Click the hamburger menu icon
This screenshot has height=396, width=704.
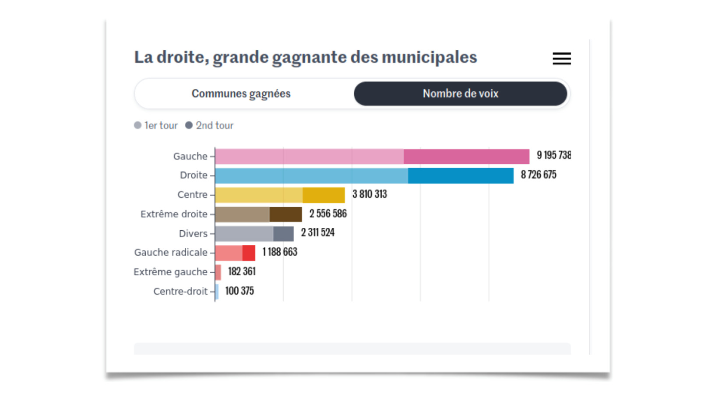[x=561, y=58]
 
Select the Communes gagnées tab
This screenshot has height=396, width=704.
[x=241, y=94]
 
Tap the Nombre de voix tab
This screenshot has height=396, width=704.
[x=460, y=94]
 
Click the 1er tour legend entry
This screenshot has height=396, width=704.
[x=156, y=125]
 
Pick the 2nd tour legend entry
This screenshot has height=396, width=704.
[x=209, y=125]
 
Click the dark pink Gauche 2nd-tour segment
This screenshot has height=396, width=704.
[x=466, y=156]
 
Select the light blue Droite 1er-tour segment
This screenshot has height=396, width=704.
[x=311, y=176]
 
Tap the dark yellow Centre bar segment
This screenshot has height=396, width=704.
[x=324, y=195]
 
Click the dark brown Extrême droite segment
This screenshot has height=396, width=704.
[x=285, y=214]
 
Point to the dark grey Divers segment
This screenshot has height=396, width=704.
[x=283, y=234]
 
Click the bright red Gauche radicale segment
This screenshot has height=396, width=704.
[x=249, y=253]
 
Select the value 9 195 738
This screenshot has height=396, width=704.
[x=553, y=155]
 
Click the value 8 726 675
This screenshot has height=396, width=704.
[x=539, y=175]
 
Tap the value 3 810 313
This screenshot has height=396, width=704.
[x=370, y=194]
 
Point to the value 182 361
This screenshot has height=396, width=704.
[x=242, y=271]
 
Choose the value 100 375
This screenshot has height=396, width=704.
[x=239, y=291]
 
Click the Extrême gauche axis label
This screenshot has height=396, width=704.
[x=170, y=272]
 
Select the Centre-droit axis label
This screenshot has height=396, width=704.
[x=180, y=291]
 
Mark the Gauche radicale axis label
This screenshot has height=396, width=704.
[x=171, y=253]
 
